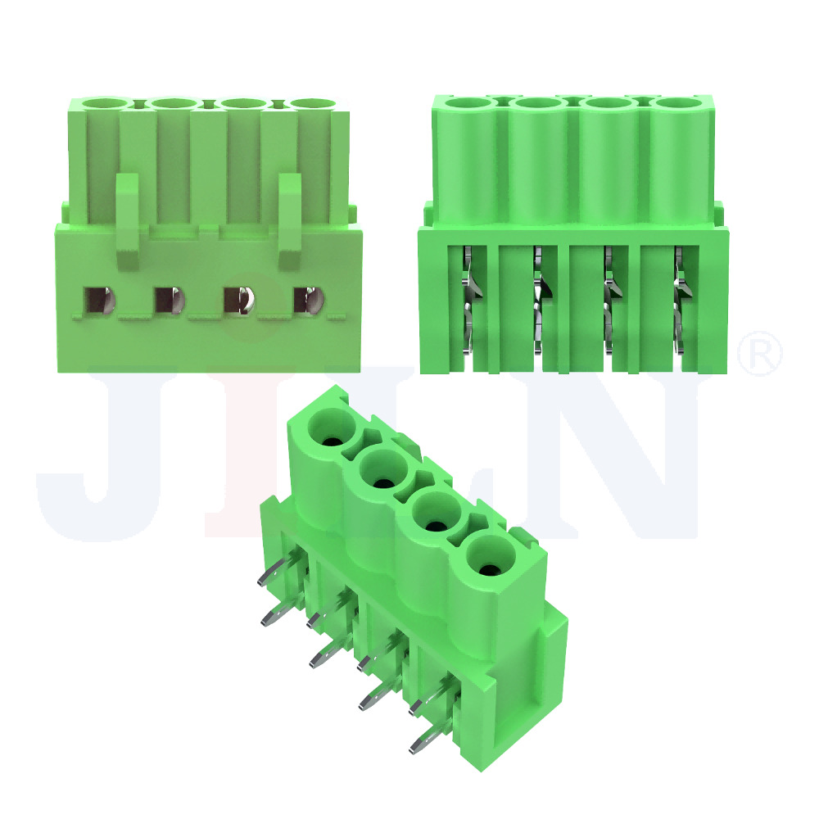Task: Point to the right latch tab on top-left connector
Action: point(291,219)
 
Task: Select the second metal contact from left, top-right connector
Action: point(540,299)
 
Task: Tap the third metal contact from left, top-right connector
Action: point(610,299)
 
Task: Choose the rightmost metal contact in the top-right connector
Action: point(680,299)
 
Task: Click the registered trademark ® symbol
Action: point(760,353)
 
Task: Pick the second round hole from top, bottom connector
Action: point(384,472)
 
